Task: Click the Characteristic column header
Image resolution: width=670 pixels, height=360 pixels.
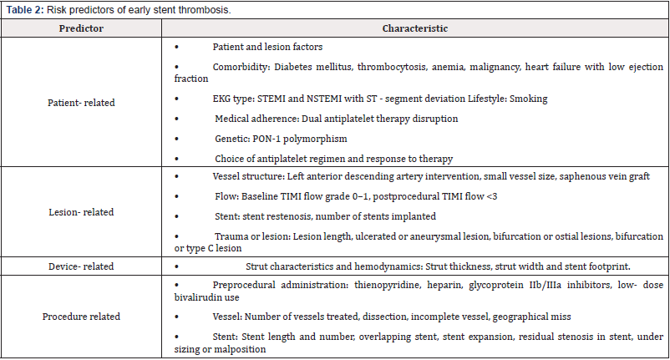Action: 415,28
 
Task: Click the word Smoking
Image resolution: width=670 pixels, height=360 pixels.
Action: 528,99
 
